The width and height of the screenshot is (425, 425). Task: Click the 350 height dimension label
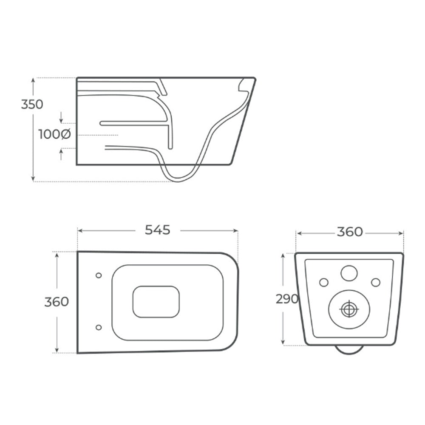tap(32, 105)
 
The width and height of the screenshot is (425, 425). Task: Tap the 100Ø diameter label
tap(54, 134)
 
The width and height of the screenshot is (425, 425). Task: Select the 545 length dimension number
tap(158, 230)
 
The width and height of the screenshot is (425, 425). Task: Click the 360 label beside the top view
tap(57, 302)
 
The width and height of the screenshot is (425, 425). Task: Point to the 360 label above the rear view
tap(350, 232)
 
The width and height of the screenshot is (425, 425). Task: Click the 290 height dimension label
tap(287, 299)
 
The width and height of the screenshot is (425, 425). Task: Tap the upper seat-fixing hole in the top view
tap(99, 275)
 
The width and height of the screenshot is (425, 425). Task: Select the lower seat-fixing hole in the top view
tap(99, 327)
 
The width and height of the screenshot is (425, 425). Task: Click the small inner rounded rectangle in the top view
tap(156, 302)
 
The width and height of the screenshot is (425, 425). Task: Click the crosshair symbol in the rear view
tap(349, 309)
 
